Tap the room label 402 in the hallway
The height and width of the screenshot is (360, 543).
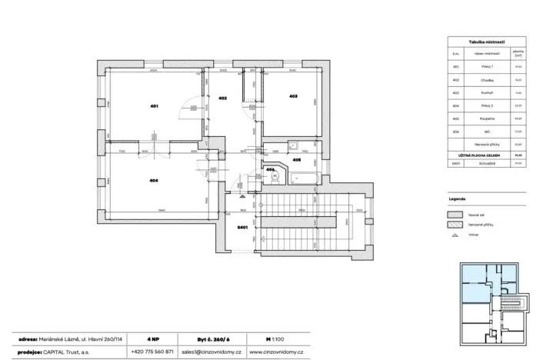[222, 98]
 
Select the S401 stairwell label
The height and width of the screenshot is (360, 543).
[242, 228]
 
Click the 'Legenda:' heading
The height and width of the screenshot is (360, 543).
[458, 198]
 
